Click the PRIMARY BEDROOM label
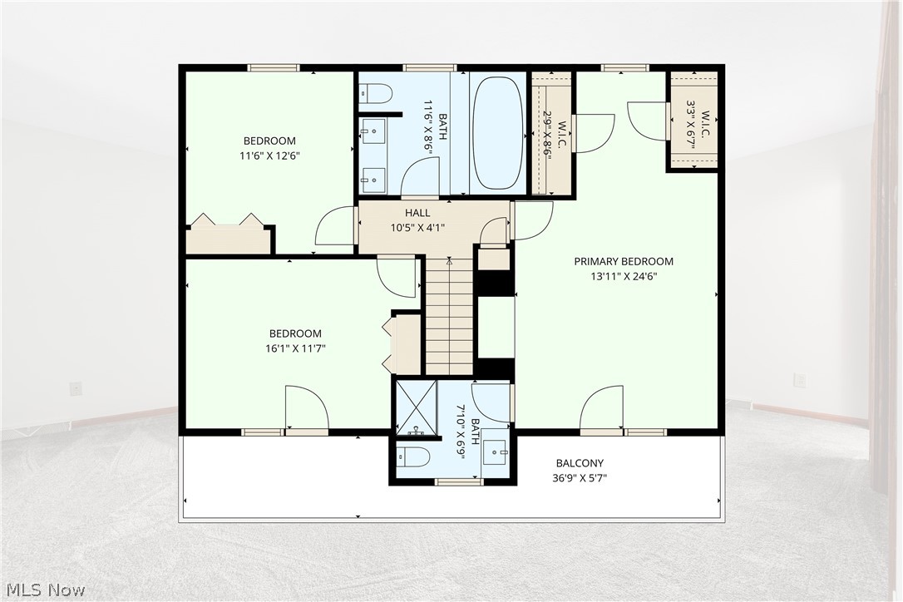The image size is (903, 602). click(x=624, y=262)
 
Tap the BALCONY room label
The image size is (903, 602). click(x=580, y=463)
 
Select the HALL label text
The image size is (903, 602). click(x=417, y=213)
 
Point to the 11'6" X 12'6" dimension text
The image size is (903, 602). click(x=270, y=155)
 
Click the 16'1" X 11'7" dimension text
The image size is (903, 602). click(x=295, y=348)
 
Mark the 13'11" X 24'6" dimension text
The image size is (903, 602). click(x=624, y=276)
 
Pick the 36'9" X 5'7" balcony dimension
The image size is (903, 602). click(x=580, y=477)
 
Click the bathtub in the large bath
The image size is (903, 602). click(x=498, y=133)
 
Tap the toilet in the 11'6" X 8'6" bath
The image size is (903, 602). click(x=376, y=92)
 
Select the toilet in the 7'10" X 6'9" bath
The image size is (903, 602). click(x=413, y=457)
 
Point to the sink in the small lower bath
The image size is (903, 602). click(x=496, y=451)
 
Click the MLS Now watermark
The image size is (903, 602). click(x=46, y=590)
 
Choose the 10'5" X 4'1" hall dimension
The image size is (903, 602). click(x=417, y=228)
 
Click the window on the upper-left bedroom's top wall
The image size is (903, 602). click(x=274, y=67)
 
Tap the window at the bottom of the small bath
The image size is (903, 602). click(x=459, y=482)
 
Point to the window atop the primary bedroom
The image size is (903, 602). click(x=625, y=67)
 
